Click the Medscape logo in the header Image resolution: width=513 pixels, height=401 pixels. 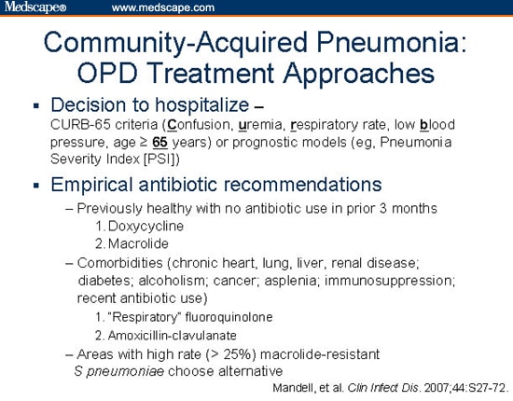click(35, 7)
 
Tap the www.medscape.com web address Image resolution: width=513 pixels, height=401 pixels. click(163, 7)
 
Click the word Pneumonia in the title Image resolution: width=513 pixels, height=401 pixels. click(392, 43)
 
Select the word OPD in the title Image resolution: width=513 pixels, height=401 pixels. click(107, 73)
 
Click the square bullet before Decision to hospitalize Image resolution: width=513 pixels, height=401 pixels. click(36, 106)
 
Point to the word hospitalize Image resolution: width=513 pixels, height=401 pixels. click(202, 105)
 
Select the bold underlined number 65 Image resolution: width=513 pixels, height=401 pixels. click(160, 143)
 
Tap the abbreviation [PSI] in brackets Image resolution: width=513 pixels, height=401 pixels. click(160, 159)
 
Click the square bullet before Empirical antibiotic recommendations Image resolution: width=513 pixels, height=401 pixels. click(36, 186)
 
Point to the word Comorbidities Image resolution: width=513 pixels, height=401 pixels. click(119, 263)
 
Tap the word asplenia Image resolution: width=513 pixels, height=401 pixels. click(290, 281)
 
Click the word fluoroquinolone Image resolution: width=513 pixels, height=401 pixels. click(229, 317)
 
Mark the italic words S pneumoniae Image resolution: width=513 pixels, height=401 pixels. click(119, 371)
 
